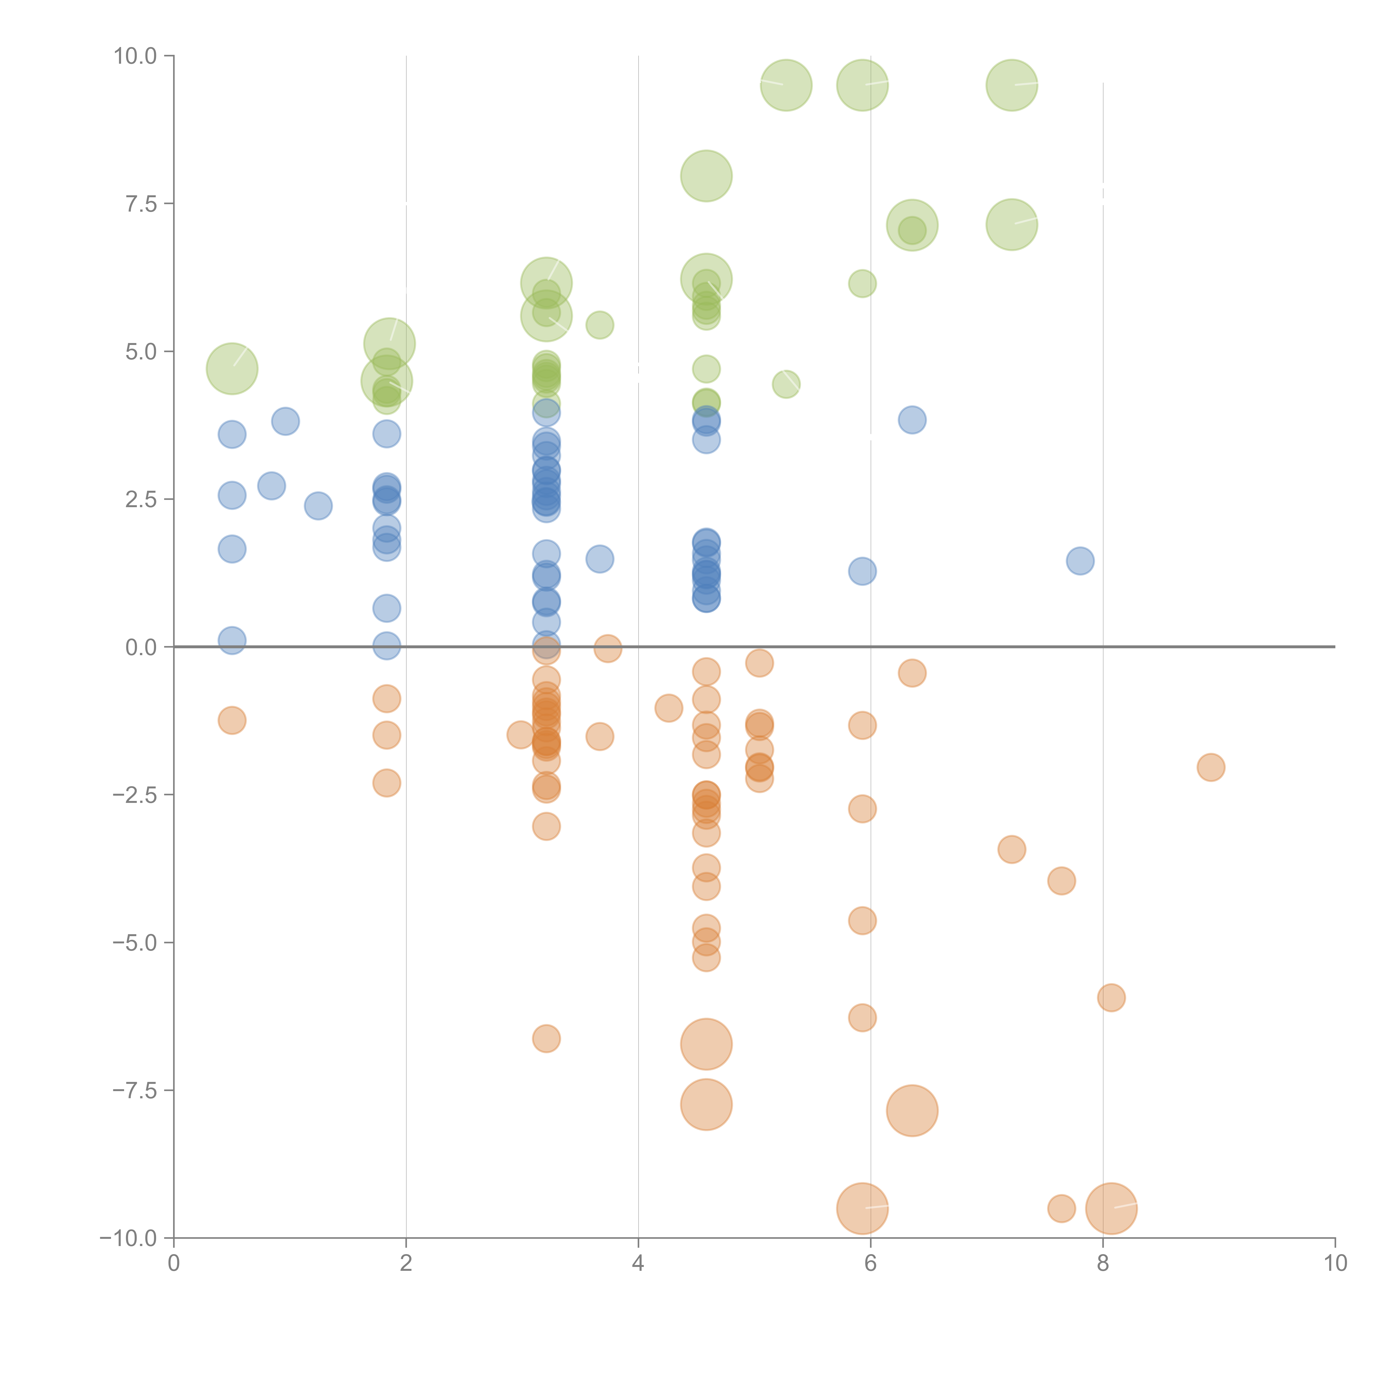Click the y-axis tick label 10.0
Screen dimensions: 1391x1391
[x=135, y=56]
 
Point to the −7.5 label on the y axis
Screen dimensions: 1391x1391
[x=135, y=1091]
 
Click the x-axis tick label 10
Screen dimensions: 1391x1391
[x=1335, y=1264]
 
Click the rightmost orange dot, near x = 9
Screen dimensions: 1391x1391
[x=1211, y=768]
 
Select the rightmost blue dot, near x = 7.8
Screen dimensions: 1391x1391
[x=1080, y=561]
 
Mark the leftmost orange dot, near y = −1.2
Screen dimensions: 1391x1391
[x=232, y=720]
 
